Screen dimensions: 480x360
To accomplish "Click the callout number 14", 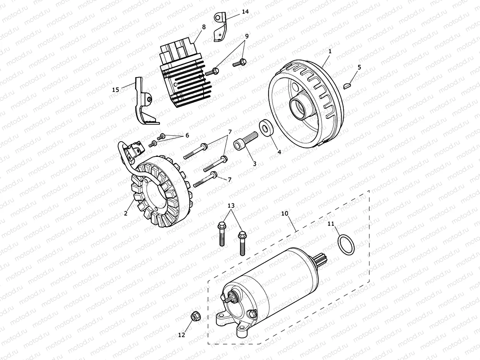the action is [x=245, y=12].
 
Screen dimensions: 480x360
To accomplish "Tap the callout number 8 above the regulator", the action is [x=204, y=27].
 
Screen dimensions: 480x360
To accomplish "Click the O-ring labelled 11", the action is [x=346, y=245].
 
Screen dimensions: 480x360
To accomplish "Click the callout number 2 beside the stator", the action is [x=125, y=213].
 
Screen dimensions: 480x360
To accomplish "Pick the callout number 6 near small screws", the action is [x=187, y=135].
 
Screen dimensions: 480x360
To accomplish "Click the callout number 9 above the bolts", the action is [x=246, y=36].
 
